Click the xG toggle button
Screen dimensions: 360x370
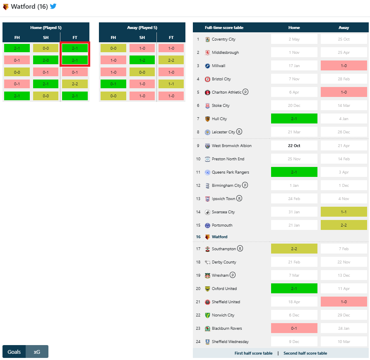point(37,352)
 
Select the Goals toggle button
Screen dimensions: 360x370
point(14,352)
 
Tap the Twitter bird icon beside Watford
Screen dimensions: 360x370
point(53,6)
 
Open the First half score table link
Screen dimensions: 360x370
point(253,353)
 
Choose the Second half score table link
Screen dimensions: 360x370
point(305,353)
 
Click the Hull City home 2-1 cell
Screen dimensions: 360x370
point(294,119)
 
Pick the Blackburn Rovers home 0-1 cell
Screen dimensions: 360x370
point(294,329)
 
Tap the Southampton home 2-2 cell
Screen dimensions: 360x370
point(294,249)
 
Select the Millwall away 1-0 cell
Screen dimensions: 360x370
point(344,66)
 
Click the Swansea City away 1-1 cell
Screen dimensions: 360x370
point(344,212)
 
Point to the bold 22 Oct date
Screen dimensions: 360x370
point(294,146)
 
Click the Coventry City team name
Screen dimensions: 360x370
point(223,39)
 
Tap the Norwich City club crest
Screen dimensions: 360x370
point(207,315)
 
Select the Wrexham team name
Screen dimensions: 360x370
point(220,275)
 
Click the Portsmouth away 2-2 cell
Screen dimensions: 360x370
point(344,225)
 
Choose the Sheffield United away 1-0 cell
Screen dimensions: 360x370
point(344,302)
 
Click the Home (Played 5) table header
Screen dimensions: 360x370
point(46,28)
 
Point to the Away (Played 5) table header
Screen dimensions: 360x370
point(142,28)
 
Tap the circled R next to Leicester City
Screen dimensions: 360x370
point(239,132)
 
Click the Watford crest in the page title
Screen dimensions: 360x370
point(6,7)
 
